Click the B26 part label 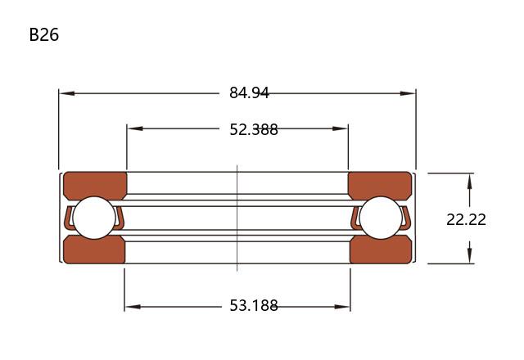[43, 34]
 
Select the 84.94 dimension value [249, 92]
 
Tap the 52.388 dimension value [254, 129]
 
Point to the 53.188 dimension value [254, 305]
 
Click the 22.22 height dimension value [466, 220]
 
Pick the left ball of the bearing [94, 218]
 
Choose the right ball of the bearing [381, 218]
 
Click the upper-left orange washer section [95, 186]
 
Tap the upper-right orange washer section [380, 186]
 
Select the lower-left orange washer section [94, 250]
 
